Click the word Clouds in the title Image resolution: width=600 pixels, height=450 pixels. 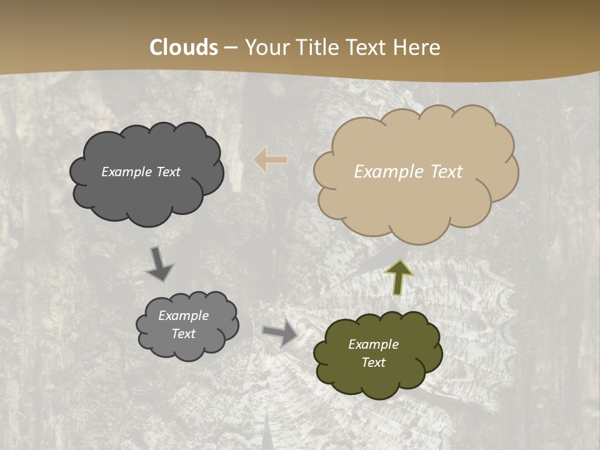point(184,47)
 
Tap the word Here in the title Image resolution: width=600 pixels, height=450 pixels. point(418,47)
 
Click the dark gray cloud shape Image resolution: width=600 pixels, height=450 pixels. point(146,194)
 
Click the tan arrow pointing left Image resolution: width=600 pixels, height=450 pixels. point(271,160)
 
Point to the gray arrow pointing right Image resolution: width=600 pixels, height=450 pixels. point(280,332)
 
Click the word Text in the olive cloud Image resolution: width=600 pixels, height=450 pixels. point(373,362)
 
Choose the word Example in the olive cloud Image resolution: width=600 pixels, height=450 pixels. point(373,344)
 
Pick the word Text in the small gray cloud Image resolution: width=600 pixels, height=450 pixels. point(183,334)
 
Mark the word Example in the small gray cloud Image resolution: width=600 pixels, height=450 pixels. point(183,316)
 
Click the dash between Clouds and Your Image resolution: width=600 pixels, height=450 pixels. point(231,48)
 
